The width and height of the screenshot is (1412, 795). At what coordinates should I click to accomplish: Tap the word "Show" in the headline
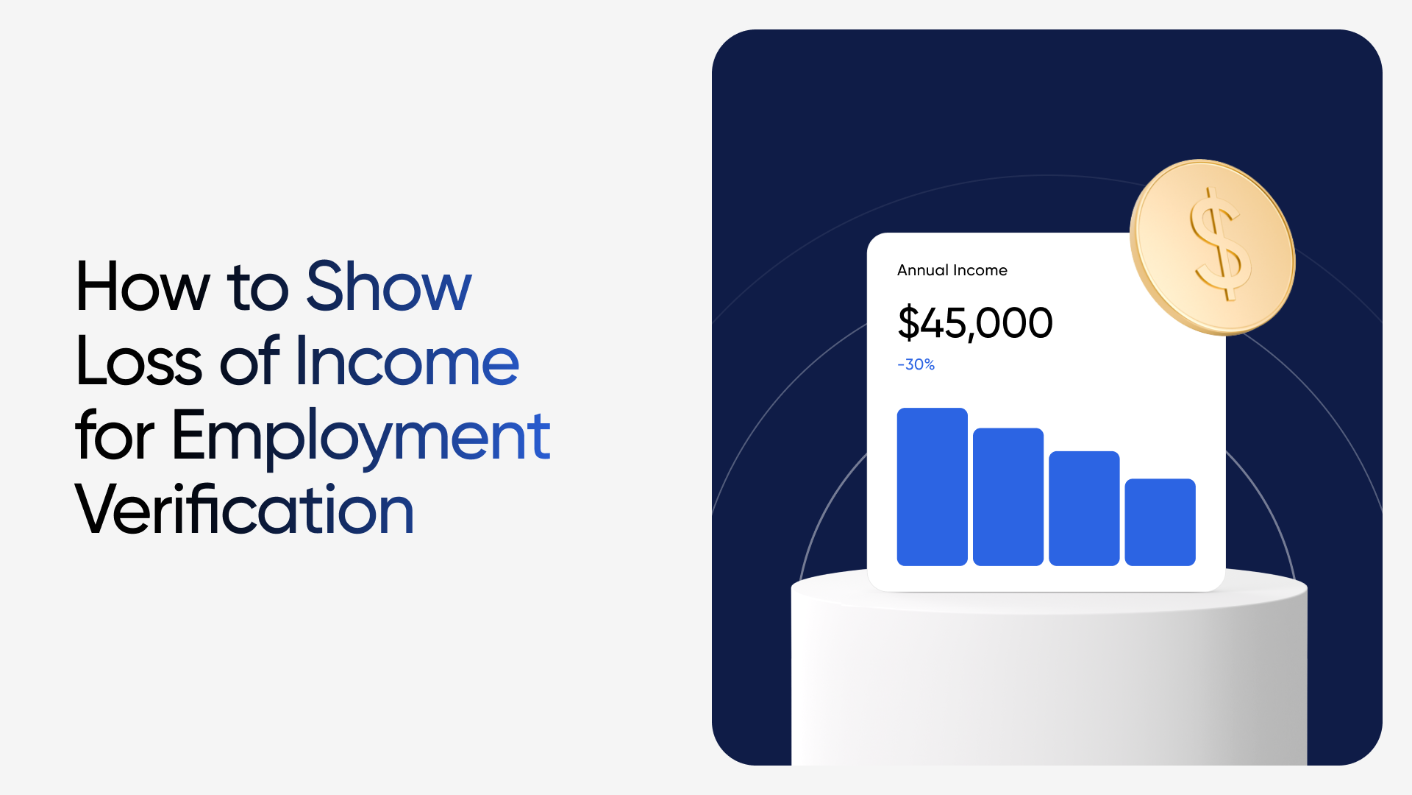[x=389, y=286]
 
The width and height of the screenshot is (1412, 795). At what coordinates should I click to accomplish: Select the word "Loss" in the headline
[x=139, y=361]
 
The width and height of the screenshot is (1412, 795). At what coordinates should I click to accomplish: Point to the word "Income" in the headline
[x=407, y=361]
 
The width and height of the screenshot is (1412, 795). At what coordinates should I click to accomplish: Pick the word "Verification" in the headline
[x=245, y=509]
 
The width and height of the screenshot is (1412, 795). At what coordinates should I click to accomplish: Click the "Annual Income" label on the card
[x=952, y=270]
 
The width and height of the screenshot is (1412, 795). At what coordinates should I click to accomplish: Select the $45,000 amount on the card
[x=975, y=323]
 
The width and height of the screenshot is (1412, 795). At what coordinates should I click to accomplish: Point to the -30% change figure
[x=916, y=364]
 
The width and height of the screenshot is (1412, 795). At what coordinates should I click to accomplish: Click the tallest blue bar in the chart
[x=933, y=487]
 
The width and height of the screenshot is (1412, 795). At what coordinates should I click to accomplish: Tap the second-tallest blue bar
[x=1008, y=497]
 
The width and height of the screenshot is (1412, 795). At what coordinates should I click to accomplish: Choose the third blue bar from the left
[x=1084, y=509]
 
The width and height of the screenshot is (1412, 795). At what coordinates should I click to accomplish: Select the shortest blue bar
[x=1160, y=522]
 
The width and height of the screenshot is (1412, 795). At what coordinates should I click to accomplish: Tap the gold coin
[x=1213, y=247]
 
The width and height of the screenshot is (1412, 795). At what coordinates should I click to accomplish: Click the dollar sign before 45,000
[x=909, y=323]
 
